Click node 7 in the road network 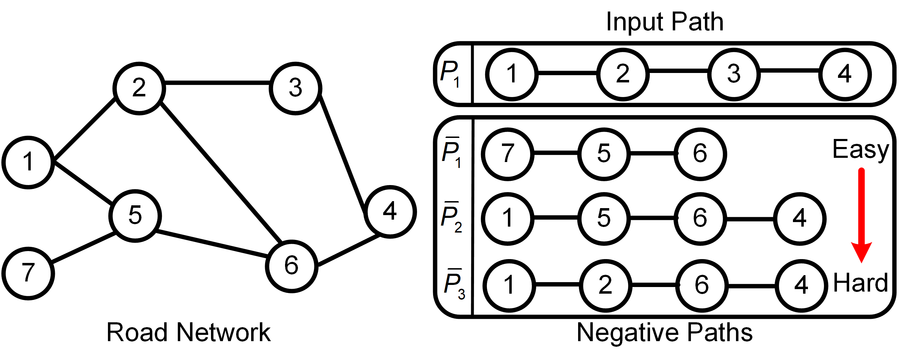pyautogui.click(x=28, y=273)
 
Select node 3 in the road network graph pyautogui.click(x=296, y=88)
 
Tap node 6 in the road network pyautogui.click(x=292, y=266)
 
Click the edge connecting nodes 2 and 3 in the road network pyautogui.click(x=217, y=83)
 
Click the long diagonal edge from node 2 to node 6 pyautogui.click(x=221, y=172)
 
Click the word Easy pyautogui.click(x=860, y=149)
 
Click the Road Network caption pyautogui.click(x=189, y=332)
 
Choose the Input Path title pyautogui.click(x=665, y=22)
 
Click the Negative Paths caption pyautogui.click(x=664, y=332)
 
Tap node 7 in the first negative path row pyautogui.click(x=508, y=154)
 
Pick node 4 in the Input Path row pyautogui.click(x=844, y=74)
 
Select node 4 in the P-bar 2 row pyautogui.click(x=800, y=219)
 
